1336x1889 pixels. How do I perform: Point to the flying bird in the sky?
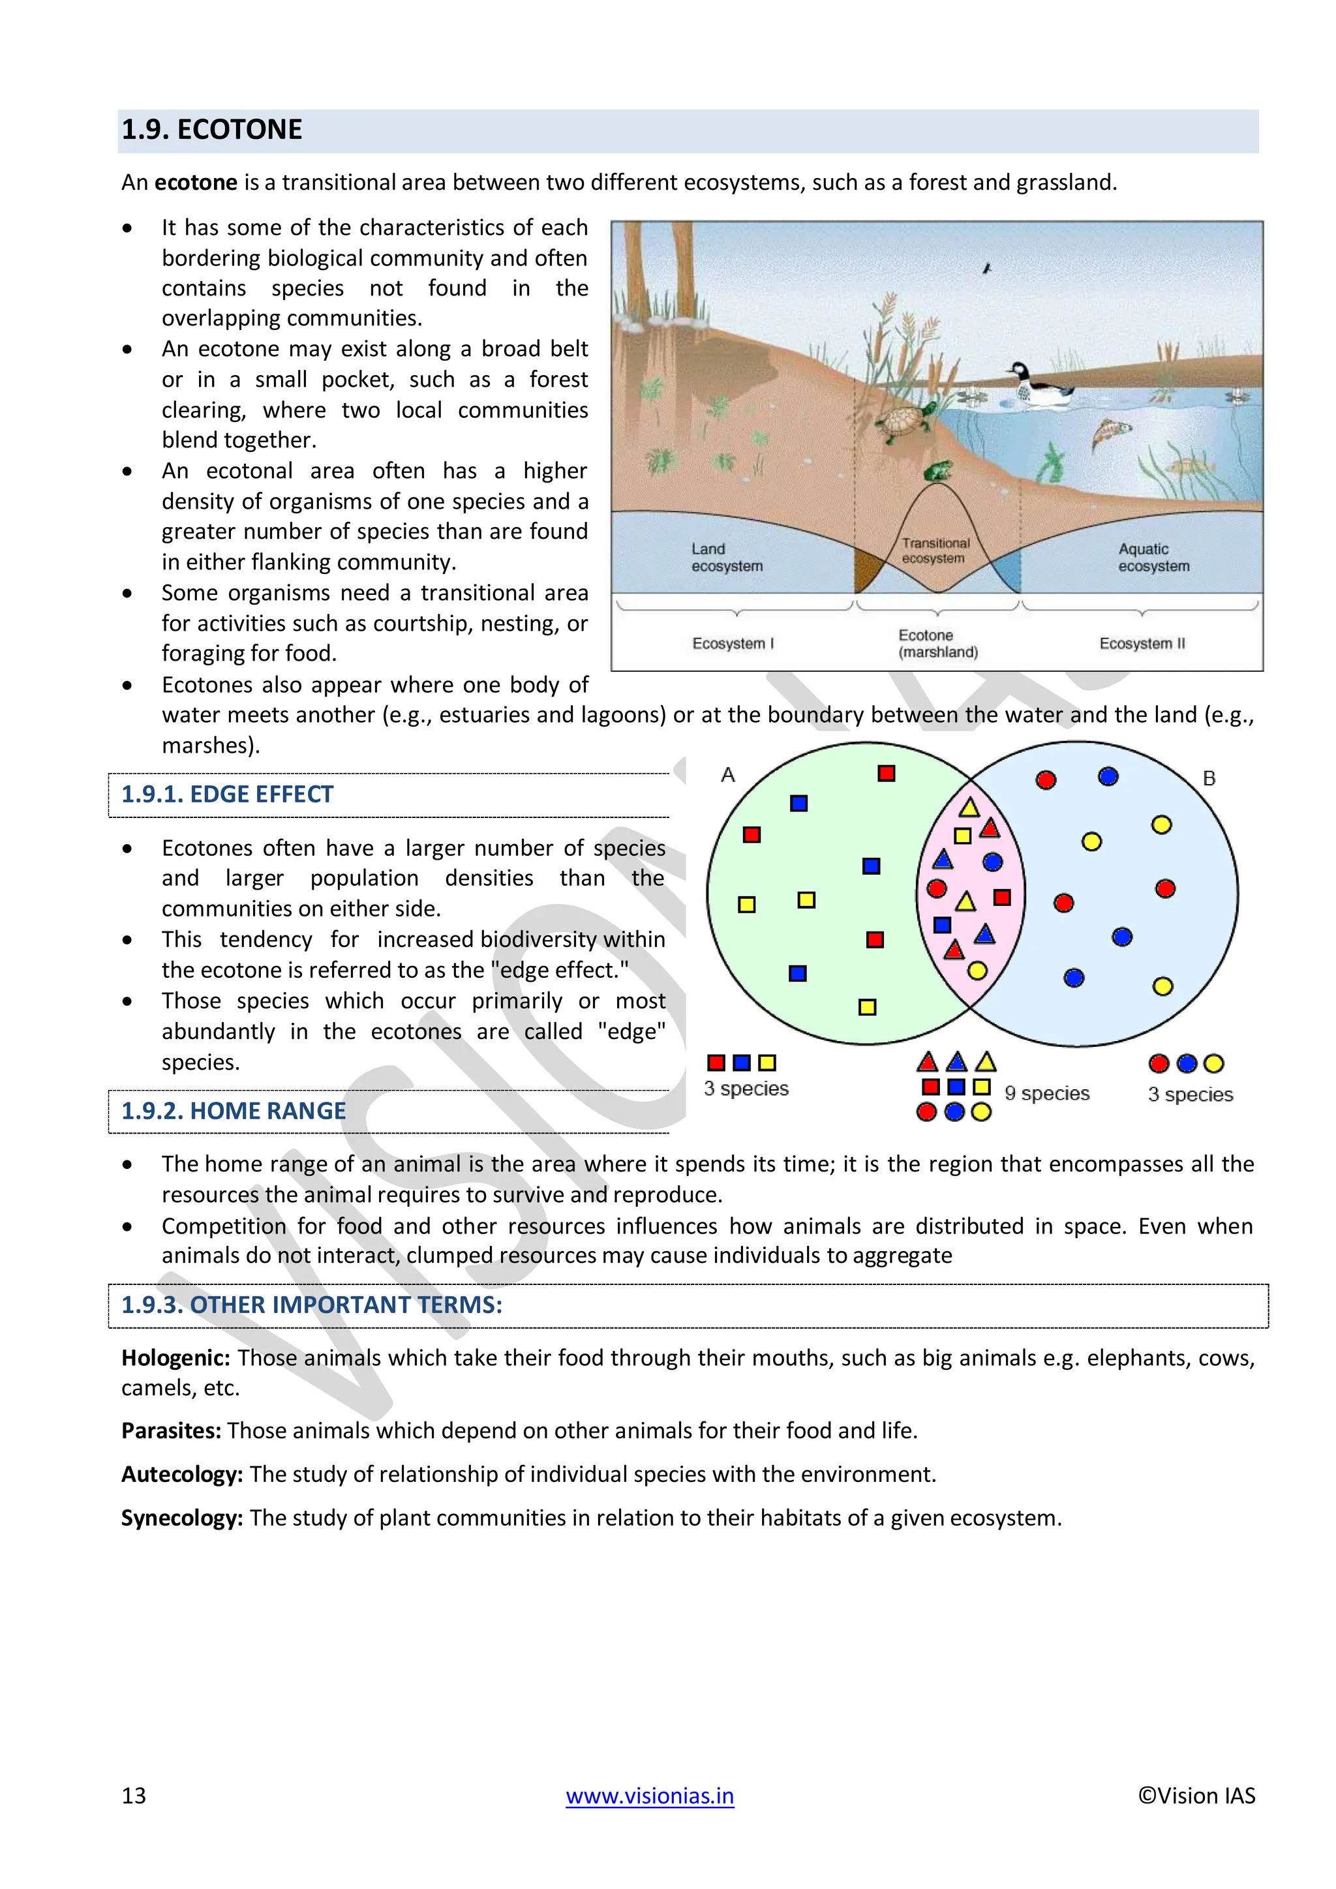(987, 268)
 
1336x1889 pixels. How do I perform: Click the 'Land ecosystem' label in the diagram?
(727, 557)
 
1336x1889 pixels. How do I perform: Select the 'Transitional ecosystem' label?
(935, 551)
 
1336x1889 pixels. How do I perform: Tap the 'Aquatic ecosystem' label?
(1153, 557)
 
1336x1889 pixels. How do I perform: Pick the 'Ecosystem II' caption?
(1142, 643)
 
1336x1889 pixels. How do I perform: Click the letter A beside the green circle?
(727, 775)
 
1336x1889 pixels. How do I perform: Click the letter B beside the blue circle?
(1209, 778)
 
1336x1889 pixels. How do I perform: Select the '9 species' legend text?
(1046, 1093)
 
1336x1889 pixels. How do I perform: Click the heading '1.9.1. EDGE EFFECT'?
(227, 794)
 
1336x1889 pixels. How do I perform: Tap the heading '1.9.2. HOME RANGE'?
(234, 1111)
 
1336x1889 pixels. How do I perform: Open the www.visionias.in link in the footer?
(649, 1796)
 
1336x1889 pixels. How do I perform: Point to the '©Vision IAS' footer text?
(1196, 1796)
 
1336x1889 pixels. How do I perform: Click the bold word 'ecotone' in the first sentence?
(196, 182)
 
